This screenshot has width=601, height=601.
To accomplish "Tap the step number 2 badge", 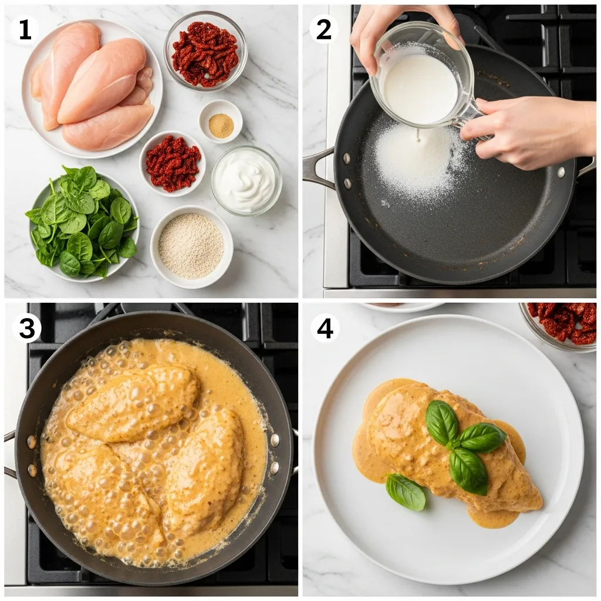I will [x=324, y=29].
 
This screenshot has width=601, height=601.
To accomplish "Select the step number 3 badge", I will [x=26, y=329].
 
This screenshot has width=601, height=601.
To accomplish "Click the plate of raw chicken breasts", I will [x=92, y=88].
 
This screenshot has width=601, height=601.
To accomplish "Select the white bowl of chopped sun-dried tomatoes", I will [x=173, y=163].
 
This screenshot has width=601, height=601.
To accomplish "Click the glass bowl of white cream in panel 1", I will [x=247, y=180].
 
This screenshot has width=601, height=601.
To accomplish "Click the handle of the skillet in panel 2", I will [x=317, y=167].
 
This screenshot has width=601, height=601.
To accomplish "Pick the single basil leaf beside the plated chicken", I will [x=406, y=492].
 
